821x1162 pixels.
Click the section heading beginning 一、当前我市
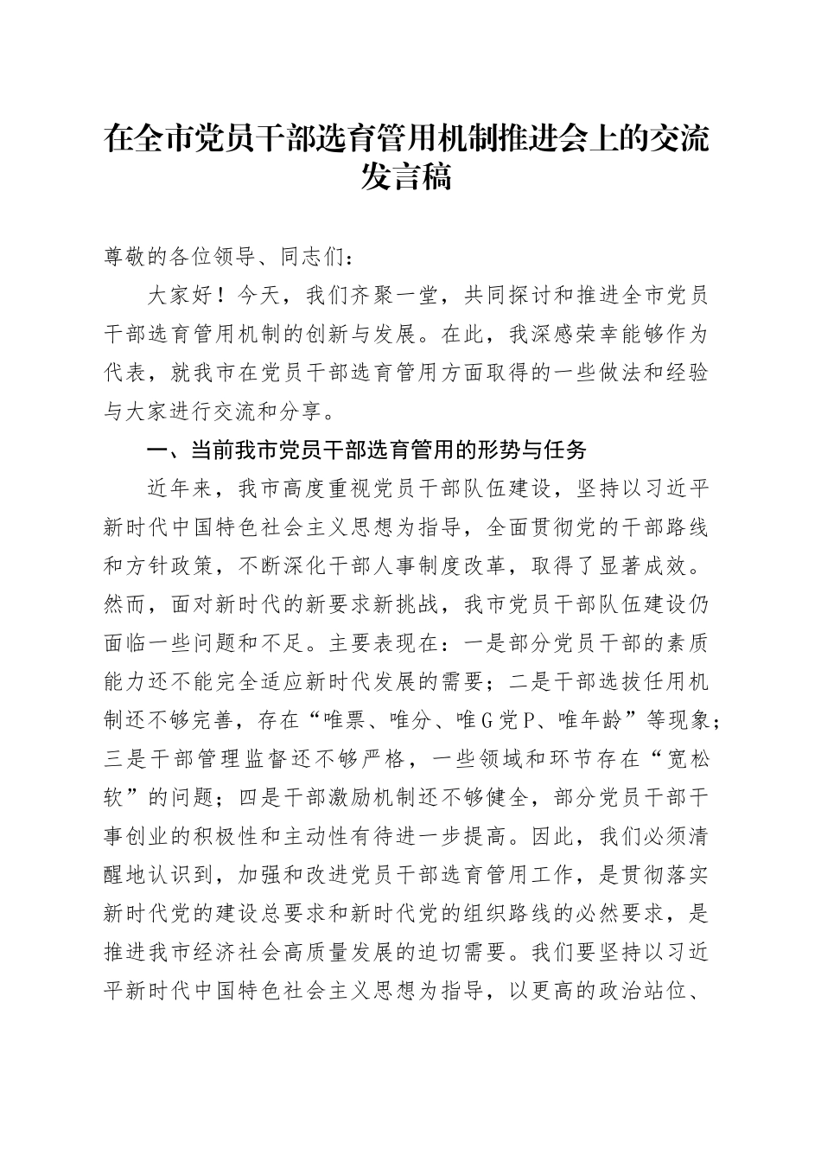(367, 450)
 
